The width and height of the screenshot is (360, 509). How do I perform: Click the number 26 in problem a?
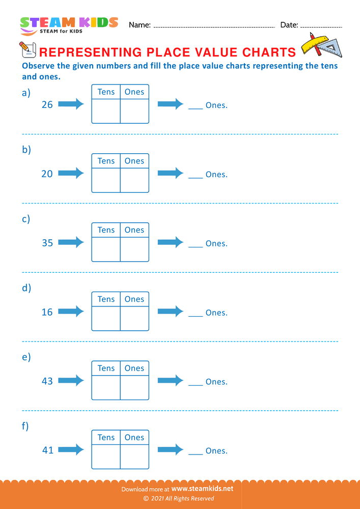click(x=47, y=105)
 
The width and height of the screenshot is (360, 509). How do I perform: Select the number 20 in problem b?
click(x=47, y=174)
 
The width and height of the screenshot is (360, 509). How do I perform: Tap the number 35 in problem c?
click(x=47, y=243)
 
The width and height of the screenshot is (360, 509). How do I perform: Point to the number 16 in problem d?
click(x=47, y=313)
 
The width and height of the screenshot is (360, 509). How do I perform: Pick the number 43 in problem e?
click(x=47, y=381)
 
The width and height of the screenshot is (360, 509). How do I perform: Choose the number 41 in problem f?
click(x=47, y=450)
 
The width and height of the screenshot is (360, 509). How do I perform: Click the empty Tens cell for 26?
click(x=106, y=111)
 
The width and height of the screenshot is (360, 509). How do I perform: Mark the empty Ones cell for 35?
click(x=134, y=249)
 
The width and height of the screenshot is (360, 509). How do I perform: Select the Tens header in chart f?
click(x=106, y=437)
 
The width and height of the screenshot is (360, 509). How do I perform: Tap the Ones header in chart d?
click(x=134, y=299)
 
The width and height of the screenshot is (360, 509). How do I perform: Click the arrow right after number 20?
click(x=71, y=174)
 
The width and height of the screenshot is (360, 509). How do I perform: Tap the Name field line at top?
click(x=214, y=26)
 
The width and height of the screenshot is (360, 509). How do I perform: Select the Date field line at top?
click(x=321, y=26)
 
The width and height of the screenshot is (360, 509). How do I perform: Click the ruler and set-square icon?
click(x=321, y=45)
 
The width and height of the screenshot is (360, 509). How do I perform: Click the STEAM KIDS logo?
click(x=69, y=24)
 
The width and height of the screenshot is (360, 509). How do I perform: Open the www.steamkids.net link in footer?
click(x=206, y=488)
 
